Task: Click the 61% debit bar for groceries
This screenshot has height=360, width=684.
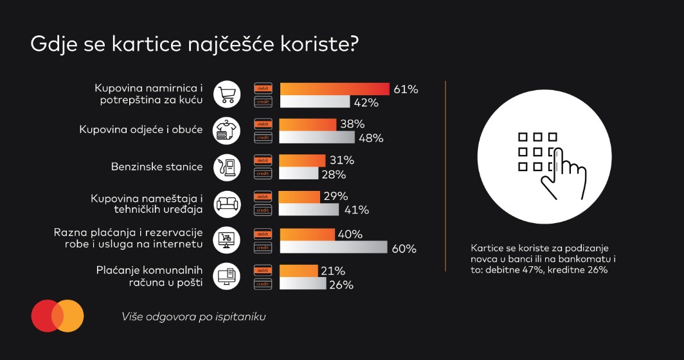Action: tap(335, 89)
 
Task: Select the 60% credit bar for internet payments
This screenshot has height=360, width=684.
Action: tap(334, 248)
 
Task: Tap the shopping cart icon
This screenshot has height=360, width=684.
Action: tap(227, 94)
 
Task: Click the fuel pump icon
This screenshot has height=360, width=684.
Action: tap(227, 167)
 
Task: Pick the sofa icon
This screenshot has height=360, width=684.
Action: tap(227, 203)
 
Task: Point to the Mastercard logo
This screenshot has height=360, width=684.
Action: tap(57, 316)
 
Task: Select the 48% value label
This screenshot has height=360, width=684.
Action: tap(372, 138)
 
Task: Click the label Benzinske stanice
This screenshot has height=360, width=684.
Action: tap(156, 167)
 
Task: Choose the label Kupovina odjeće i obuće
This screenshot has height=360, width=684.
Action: tap(141, 130)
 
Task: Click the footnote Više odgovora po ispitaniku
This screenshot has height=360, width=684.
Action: tap(194, 316)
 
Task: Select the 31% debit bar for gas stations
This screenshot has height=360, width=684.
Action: tap(303, 160)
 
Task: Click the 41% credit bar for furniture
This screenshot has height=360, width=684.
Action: tap(309, 210)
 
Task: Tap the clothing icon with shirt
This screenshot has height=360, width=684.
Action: tap(227, 130)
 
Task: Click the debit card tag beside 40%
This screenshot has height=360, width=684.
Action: tap(263, 234)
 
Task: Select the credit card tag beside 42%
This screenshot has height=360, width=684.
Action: tap(263, 102)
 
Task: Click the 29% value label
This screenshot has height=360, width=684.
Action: tap(335, 196)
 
